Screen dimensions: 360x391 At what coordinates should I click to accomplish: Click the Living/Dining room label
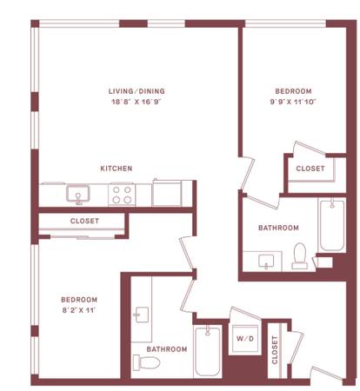[x=137, y=91]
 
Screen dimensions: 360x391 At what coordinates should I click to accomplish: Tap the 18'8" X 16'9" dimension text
[x=136, y=102]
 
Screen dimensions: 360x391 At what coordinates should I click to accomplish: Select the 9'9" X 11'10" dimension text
[x=293, y=102]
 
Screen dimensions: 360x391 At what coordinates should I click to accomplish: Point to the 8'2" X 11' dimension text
[x=79, y=310]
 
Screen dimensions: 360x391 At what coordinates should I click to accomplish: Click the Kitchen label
[x=117, y=169]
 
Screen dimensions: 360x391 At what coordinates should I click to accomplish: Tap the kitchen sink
[x=78, y=194]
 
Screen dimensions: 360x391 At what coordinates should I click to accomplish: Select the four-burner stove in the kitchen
[x=122, y=195]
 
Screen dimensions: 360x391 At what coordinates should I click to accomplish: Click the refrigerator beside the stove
[x=167, y=192]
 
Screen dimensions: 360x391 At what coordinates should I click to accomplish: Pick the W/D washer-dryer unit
[x=245, y=338]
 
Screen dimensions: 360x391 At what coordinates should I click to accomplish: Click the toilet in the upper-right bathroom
[x=300, y=255]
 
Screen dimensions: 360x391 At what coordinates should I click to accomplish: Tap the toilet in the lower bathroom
[x=146, y=362]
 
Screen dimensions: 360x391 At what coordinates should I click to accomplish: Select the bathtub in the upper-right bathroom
[x=332, y=225]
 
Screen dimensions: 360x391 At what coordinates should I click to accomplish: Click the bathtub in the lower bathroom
[x=208, y=351]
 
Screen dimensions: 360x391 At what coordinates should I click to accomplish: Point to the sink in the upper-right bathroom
[x=266, y=262]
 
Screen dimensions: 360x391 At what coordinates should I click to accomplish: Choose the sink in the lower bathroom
[x=142, y=315]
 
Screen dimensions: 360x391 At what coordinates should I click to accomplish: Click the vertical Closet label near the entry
[x=275, y=349]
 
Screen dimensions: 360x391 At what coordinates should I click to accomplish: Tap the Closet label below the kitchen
[x=84, y=221]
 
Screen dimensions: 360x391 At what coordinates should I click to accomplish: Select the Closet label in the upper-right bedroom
[x=310, y=169]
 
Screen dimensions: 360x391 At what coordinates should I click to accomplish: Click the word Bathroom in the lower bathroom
[x=167, y=349]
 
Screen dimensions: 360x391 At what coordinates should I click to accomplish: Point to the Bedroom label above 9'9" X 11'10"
[x=293, y=91]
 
